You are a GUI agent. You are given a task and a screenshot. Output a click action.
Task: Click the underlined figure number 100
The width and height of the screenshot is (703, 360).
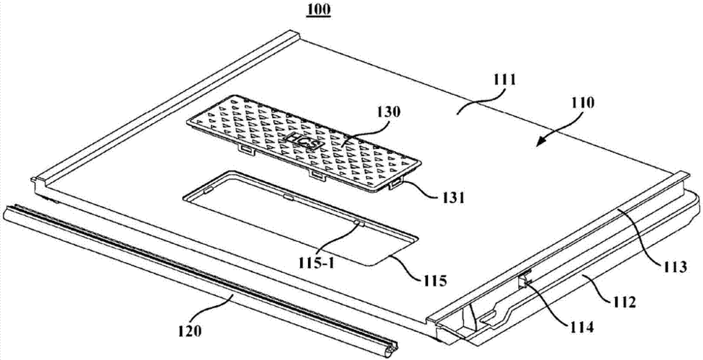pyautogui.click(x=319, y=9)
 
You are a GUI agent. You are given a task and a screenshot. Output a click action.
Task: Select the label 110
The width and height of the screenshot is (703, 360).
pyautogui.click(x=581, y=103)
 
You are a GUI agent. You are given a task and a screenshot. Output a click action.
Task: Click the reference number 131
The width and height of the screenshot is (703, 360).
pyautogui.click(x=451, y=197)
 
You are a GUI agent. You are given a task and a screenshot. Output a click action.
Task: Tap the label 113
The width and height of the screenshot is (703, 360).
pyautogui.click(x=675, y=268)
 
